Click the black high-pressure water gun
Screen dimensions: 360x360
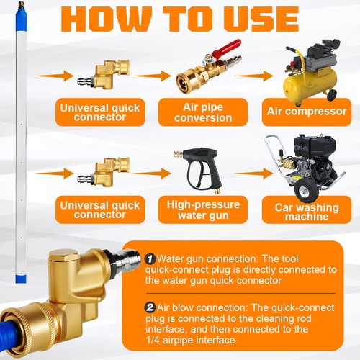coord(200,168)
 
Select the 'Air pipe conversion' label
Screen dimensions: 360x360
coord(203,112)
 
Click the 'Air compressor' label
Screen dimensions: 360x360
coord(307,112)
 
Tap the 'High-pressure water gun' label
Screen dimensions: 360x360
coord(203,210)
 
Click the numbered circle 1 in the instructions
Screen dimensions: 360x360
coord(150,258)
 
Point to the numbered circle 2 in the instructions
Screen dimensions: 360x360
coord(150,307)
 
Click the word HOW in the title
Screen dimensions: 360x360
coord(107,19)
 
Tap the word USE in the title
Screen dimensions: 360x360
coord(262,19)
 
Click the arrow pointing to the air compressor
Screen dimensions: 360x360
coord(253,76)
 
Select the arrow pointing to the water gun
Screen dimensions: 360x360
coord(151,174)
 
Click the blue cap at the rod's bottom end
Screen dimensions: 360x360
coord(21,279)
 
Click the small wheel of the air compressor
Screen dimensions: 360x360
coord(331,95)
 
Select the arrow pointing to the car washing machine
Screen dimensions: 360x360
coord(254,174)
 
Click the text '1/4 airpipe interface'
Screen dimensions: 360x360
coord(190,340)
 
